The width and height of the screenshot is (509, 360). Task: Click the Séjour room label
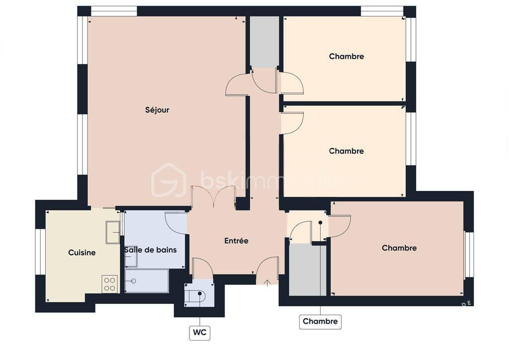[x=157, y=110]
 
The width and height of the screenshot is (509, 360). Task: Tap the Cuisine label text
[x=82, y=253]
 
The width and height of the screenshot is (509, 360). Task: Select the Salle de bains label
[x=150, y=250]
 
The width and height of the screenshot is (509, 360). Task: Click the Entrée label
[x=236, y=241]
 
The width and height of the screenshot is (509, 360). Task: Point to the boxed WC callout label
[x=200, y=332]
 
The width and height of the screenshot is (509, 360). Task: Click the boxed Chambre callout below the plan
[x=320, y=321]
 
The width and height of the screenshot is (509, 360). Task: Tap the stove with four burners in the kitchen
[x=110, y=284]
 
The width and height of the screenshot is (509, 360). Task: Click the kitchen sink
[x=113, y=232]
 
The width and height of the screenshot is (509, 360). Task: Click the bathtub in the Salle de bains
[x=147, y=281]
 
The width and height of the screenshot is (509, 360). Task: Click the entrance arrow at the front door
[x=267, y=283]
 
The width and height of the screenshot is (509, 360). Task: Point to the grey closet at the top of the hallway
[x=264, y=42]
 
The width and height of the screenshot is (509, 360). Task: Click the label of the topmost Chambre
[x=346, y=57]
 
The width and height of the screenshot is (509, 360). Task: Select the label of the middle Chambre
[x=346, y=151]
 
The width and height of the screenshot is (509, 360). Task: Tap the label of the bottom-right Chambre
[x=399, y=248]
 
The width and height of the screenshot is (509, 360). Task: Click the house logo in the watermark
[x=169, y=180]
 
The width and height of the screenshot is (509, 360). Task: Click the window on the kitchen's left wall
[x=40, y=252]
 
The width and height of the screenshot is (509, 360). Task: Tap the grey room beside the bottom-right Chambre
[x=308, y=270]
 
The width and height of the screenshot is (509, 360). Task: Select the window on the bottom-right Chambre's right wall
[x=469, y=254]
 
